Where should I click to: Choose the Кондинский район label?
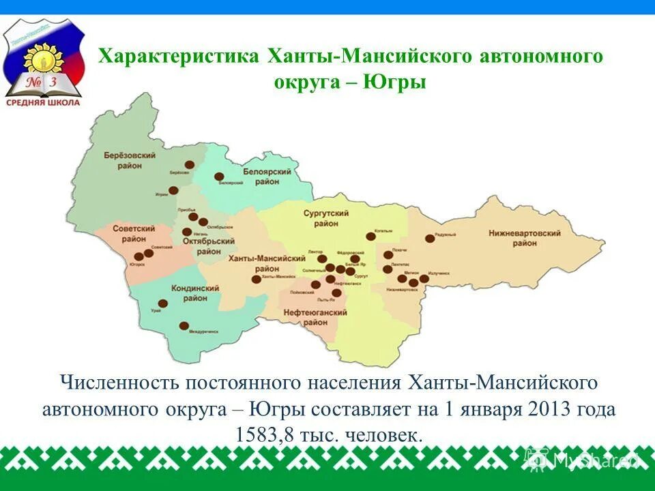click(195, 293)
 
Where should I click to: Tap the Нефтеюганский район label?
click(315, 317)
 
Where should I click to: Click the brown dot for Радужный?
click(430, 239)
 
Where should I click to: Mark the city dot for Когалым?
click(370, 237)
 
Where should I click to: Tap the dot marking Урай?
click(163, 304)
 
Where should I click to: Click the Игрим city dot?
click(173, 191)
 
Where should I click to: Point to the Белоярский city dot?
click(219, 177)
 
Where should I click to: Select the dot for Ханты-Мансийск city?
click(257, 278)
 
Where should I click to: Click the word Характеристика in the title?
click(177, 55)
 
